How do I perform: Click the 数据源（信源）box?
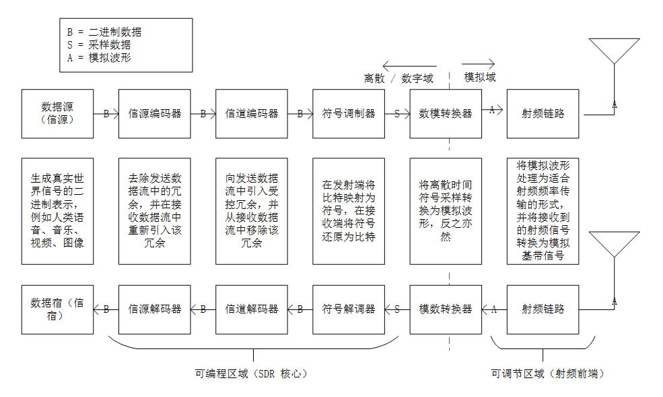point(57,113)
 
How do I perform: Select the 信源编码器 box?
point(155,113)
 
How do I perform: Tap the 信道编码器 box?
point(252,113)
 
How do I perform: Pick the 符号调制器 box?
point(349,113)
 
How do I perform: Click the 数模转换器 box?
point(446,113)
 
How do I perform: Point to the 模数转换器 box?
point(446,309)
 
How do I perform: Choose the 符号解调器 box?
point(349,309)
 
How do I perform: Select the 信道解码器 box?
point(252,309)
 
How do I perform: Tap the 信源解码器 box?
point(155,309)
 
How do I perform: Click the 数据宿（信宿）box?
point(57,309)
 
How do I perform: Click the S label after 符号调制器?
point(397,114)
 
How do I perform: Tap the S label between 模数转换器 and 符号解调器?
point(397,309)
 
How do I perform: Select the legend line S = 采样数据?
point(99,45)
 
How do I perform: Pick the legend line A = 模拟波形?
point(99,57)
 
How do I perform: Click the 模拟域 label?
point(480,77)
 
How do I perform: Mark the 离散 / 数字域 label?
point(398,78)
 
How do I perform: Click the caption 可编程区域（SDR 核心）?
point(252,373)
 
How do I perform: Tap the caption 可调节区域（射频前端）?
point(548,373)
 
